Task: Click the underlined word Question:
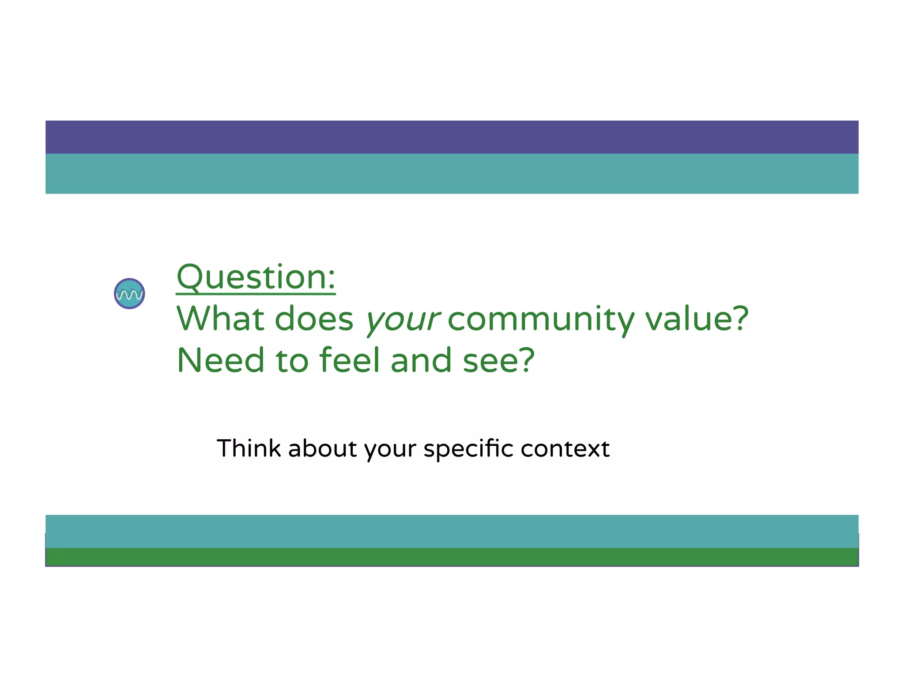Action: pyautogui.click(x=256, y=277)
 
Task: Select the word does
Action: pyautogui.click(x=314, y=319)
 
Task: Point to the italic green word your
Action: pyautogui.click(x=402, y=319)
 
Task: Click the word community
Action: pyautogui.click(x=541, y=319)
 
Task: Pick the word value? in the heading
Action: pyautogui.click(x=697, y=319)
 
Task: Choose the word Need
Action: pyautogui.click(x=221, y=360)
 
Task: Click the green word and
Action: pyautogui.click(x=421, y=360)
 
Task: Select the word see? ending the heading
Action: pyautogui.click(x=499, y=360)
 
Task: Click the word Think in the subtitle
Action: pyautogui.click(x=249, y=448)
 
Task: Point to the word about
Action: pyautogui.click(x=323, y=448)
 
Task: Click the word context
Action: pyautogui.click(x=565, y=449)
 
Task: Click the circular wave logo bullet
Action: pyautogui.click(x=129, y=293)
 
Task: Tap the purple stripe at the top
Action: pyautogui.click(x=452, y=137)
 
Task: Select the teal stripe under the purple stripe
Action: pyautogui.click(x=452, y=174)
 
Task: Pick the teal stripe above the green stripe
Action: pyautogui.click(x=452, y=531)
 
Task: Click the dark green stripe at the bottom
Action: pyautogui.click(x=452, y=557)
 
